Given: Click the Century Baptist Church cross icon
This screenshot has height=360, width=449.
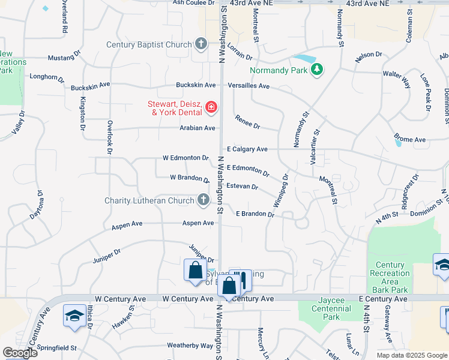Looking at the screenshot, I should click(x=201, y=44).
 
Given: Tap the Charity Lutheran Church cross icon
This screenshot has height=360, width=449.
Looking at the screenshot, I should click(x=203, y=200).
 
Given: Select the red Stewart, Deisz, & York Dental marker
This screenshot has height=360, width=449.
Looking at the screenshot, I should click(x=211, y=107).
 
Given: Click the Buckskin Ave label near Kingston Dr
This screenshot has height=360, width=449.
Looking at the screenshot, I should click(x=90, y=87).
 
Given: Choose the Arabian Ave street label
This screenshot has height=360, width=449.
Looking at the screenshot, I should click(x=197, y=128).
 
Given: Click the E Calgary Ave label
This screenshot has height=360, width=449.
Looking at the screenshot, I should click(x=247, y=149).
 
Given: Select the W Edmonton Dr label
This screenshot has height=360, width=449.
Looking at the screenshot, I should click(x=185, y=158).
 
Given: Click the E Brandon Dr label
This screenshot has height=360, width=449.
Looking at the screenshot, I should click(x=255, y=214).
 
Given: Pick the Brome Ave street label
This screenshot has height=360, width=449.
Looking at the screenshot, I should click(x=410, y=140).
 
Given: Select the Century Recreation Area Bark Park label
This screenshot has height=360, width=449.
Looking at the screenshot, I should click(x=390, y=277).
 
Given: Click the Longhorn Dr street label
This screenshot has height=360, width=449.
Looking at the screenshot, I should click(x=47, y=77).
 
